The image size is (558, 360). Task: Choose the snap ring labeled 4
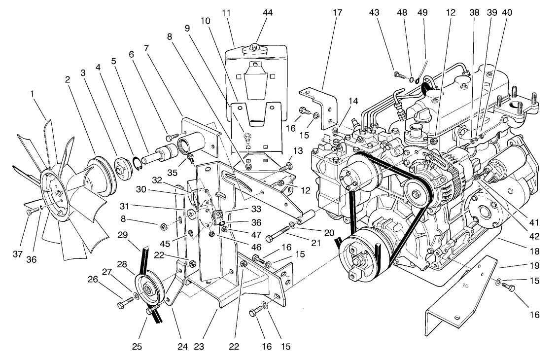coord(137,162)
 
